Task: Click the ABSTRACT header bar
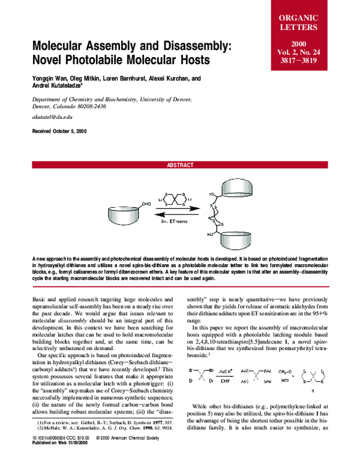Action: point(179,165)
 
